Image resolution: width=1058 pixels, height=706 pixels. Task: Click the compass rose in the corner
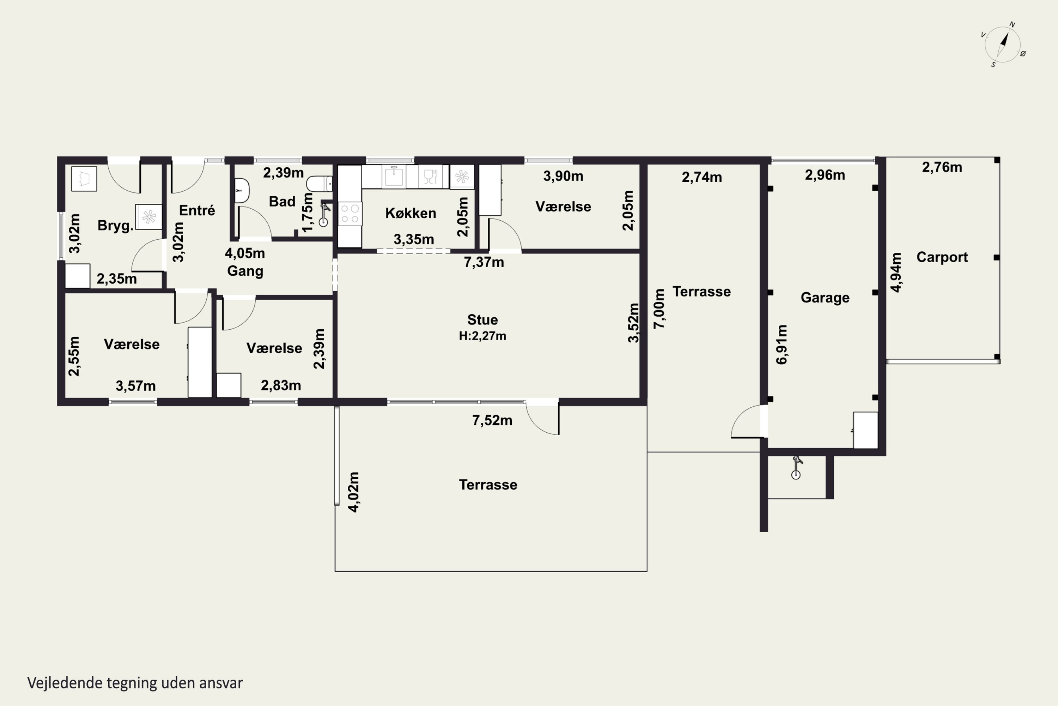(1003, 44)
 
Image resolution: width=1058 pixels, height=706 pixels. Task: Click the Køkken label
(411, 213)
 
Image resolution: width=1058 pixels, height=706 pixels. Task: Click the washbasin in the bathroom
(242, 191)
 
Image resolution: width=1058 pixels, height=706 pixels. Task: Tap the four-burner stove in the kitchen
(350, 214)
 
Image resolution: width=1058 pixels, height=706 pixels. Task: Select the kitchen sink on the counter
(394, 176)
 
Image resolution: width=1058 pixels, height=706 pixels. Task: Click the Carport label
(942, 257)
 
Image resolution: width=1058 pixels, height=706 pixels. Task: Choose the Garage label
(825, 298)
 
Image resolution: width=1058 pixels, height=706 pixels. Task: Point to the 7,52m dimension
(492, 420)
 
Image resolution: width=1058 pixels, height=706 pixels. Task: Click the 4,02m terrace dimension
(354, 492)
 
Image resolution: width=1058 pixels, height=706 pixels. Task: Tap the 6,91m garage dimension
(782, 345)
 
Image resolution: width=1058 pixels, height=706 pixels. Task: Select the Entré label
(197, 210)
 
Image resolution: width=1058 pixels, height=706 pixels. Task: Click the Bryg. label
(116, 225)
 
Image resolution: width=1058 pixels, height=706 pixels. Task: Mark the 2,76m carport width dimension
(942, 167)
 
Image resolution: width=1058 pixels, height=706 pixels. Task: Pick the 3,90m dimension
(563, 176)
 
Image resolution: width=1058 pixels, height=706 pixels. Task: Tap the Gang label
(245, 271)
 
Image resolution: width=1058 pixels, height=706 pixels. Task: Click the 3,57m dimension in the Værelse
(136, 386)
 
